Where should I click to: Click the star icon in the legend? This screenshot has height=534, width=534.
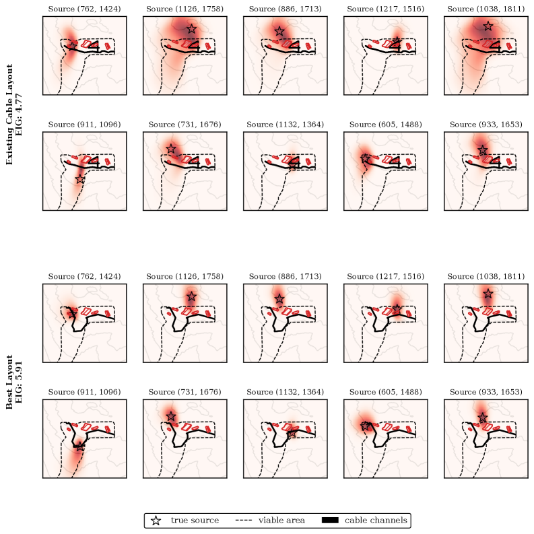pos(156,521)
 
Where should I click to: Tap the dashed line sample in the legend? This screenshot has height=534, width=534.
pos(244,521)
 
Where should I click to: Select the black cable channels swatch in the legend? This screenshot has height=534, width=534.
pos(330,521)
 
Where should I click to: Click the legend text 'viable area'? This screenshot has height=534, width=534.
pos(281,521)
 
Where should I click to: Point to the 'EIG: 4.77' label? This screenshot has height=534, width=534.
pos(18,114)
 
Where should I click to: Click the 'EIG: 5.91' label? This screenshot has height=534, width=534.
pos(18,382)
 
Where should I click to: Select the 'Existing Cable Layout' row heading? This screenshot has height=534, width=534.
pos(9,114)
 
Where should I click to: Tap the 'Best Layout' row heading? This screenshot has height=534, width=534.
pos(9,382)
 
